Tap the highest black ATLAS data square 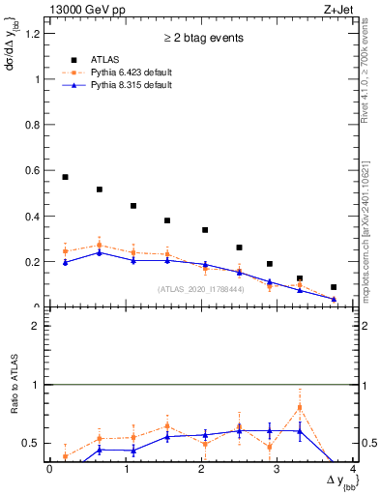pyautogui.click(x=65, y=177)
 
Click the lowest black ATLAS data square pyautogui.click(x=334, y=287)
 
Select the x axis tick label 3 pyautogui.click(x=278, y=470)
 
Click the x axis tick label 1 pyautogui.click(x=126, y=470)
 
